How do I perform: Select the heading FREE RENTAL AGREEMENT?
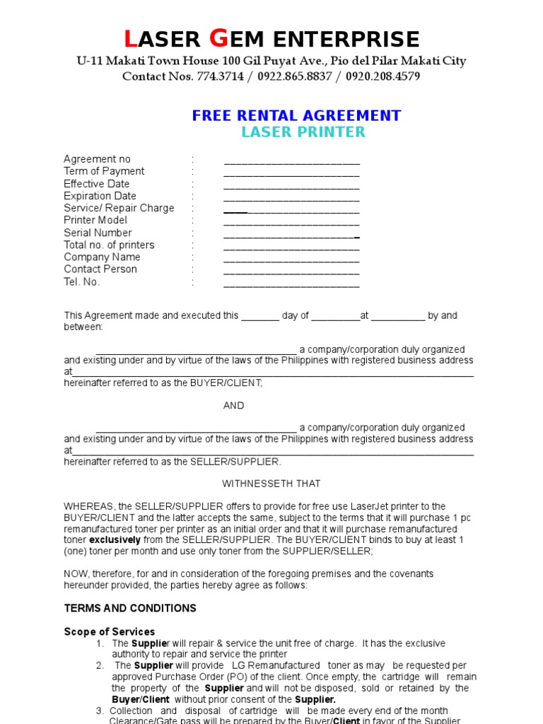[x=296, y=116]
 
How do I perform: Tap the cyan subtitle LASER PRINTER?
[x=303, y=132]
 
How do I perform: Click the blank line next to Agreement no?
[x=291, y=161]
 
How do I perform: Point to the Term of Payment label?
[x=104, y=171]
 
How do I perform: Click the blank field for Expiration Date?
[x=291, y=198]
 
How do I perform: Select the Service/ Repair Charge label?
[x=119, y=208]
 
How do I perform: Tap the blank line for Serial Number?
[x=291, y=235]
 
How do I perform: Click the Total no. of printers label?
[x=109, y=245]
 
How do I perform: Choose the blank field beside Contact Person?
[x=291, y=271]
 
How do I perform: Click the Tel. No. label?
[x=82, y=282]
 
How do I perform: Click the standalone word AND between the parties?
[x=234, y=406]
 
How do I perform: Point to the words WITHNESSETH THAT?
[x=271, y=484]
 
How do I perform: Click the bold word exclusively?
[x=117, y=540]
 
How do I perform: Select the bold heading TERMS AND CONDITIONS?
[x=130, y=608]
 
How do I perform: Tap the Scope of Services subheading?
[x=110, y=631]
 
